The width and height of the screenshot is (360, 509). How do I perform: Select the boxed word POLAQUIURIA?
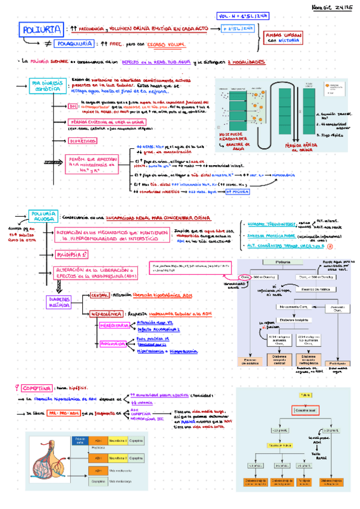tap(73, 44)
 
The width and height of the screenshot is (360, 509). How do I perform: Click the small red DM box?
tap(74, 106)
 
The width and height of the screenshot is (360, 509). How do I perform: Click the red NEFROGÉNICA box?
tap(106, 313)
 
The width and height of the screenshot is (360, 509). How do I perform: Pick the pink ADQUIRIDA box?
tap(112, 344)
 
